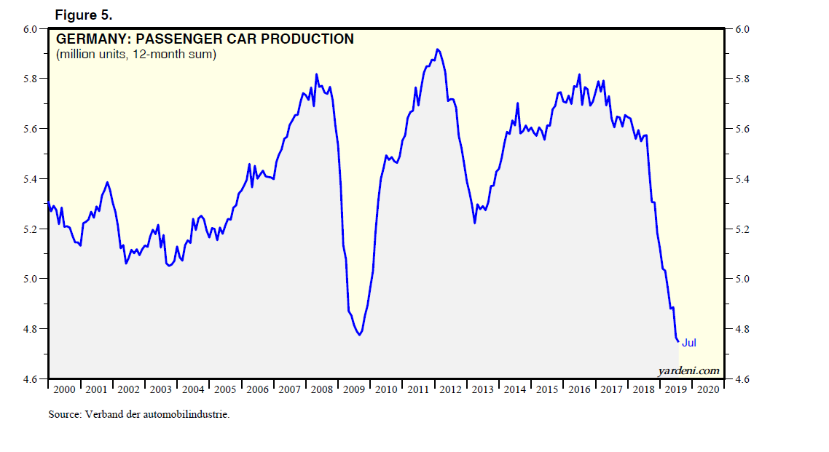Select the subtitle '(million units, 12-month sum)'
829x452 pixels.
click(135, 55)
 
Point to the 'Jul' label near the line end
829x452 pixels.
click(689, 343)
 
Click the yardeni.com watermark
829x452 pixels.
click(688, 371)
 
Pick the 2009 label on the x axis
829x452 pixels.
click(354, 389)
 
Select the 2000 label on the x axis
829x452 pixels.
click(65, 389)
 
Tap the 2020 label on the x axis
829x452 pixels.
click(707, 389)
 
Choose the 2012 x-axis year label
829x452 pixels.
click(450, 389)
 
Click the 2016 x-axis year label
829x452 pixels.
click(579, 389)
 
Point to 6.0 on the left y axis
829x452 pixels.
click(31, 29)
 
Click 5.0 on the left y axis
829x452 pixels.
click(31, 279)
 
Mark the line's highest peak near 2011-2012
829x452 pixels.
click(437, 49)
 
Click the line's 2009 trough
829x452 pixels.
click(360, 335)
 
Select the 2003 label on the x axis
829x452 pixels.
click(161, 389)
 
